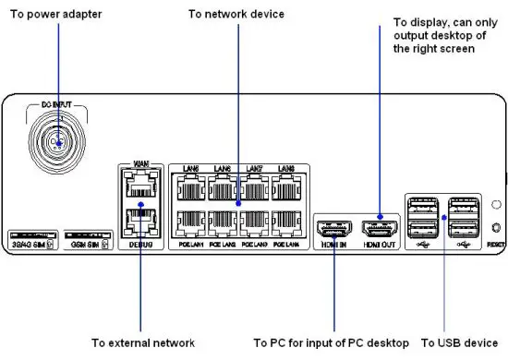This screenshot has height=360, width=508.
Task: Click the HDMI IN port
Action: [x=334, y=228]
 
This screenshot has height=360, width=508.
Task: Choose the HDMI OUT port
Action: [x=380, y=228]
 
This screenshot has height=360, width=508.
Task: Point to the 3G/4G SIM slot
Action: [x=31, y=232]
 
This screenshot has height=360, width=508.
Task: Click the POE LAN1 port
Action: [x=190, y=224]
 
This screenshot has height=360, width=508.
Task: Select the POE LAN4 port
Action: [x=284, y=224]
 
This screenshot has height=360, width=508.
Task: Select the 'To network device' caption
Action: [x=236, y=14]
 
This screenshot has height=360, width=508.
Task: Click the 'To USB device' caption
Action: [x=463, y=342]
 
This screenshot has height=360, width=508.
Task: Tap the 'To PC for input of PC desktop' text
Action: [x=331, y=342]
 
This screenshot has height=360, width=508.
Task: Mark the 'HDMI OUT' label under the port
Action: [x=380, y=246]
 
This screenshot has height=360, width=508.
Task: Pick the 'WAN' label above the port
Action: [x=140, y=164]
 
